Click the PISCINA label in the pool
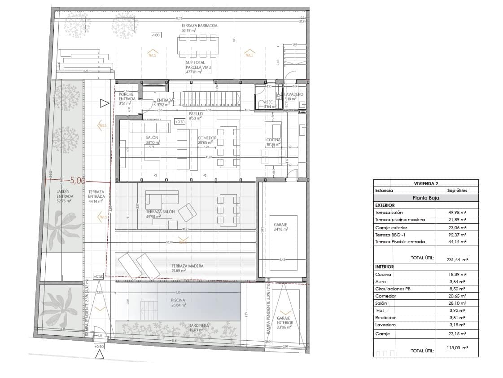click(178, 300)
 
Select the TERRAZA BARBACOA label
click(199, 26)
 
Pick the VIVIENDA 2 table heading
click(426, 183)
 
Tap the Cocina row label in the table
click(383, 274)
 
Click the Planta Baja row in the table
click(426, 198)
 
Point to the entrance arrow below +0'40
click(100, 355)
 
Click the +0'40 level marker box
click(99, 346)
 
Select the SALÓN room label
click(152, 138)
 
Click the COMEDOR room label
click(207, 138)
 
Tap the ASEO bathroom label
click(268, 102)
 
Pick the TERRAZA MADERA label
click(187, 266)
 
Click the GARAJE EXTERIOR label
click(284, 323)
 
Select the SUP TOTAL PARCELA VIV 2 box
click(198, 67)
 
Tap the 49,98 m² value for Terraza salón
click(458, 212)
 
